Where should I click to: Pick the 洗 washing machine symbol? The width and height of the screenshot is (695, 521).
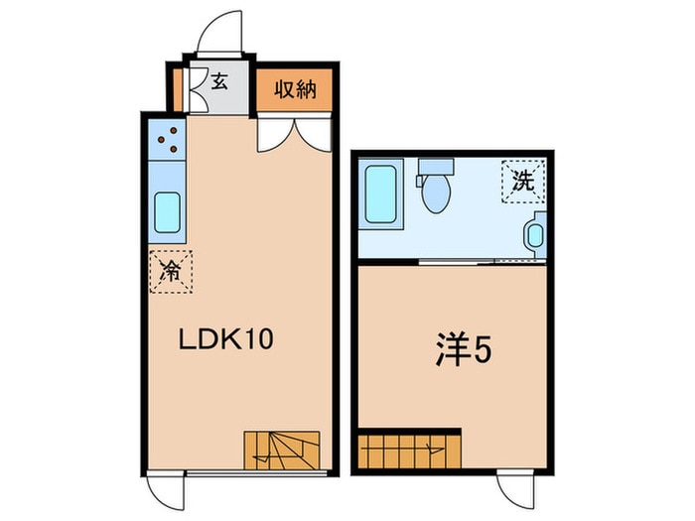(521, 181)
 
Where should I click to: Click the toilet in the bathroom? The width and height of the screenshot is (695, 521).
(435, 189)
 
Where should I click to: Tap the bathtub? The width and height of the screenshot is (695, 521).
(380, 195)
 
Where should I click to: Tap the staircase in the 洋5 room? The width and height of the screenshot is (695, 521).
(409, 450)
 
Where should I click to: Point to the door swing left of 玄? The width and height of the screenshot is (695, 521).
(196, 91)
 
